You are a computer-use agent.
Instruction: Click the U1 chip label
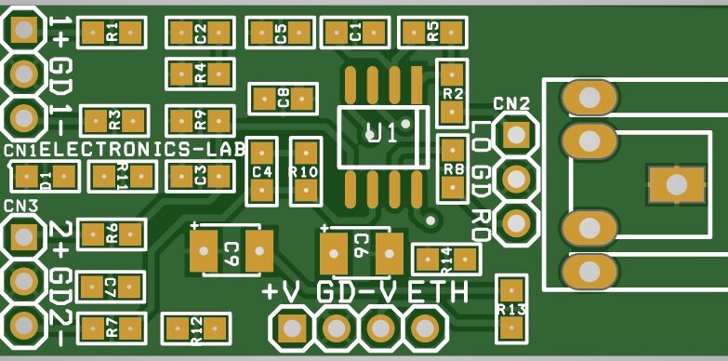(381, 132)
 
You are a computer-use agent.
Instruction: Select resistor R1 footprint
(113, 33)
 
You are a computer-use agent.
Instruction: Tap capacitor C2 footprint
(199, 33)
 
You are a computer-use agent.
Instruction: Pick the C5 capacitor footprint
(280, 33)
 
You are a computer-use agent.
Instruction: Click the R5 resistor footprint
(432, 33)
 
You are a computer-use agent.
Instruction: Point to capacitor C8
(283, 96)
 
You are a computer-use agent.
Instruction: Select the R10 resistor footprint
(304, 171)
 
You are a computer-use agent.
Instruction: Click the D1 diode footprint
(43, 176)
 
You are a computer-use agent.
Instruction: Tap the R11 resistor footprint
(121, 175)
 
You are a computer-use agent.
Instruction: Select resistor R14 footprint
(445, 258)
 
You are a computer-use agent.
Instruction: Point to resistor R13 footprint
(511, 308)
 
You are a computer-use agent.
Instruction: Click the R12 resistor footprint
(195, 328)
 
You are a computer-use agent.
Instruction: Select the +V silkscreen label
(281, 291)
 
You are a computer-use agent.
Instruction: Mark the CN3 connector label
(20, 206)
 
